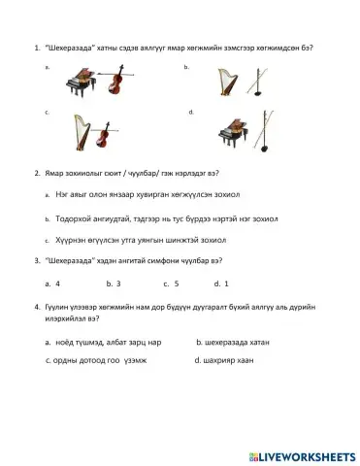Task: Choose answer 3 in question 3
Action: (116, 284)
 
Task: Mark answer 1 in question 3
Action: (225, 284)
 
